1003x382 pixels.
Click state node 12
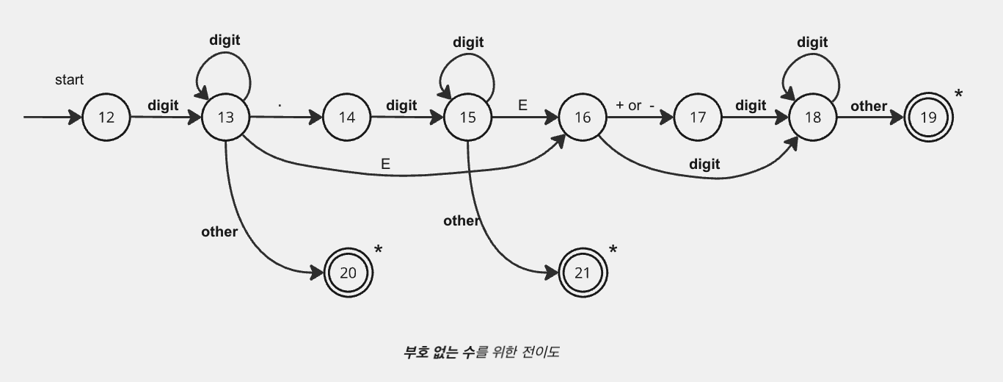coord(106,117)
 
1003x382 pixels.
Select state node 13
coord(226,117)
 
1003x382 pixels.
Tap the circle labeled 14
coord(347,117)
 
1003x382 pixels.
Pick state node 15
coord(467,117)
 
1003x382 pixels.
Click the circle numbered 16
coord(583,117)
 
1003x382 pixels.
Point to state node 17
coord(698,117)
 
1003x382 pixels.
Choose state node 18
coord(813,117)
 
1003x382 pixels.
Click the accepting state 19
coord(928,117)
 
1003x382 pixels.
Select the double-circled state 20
coord(349,273)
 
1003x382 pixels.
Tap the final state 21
coord(583,273)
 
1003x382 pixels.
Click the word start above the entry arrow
coord(70,79)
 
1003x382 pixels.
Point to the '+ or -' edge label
coord(635,105)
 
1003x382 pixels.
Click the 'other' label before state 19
coord(869,106)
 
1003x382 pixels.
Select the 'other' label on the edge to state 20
coord(219,231)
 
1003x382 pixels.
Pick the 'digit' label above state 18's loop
coord(812,42)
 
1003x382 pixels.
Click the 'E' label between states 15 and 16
coord(522,105)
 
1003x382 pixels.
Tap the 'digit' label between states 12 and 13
coord(163,105)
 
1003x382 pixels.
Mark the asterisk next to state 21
coord(613,250)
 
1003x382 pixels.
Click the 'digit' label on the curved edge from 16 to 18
coord(704,164)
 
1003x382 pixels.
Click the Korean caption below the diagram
coord(481,352)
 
